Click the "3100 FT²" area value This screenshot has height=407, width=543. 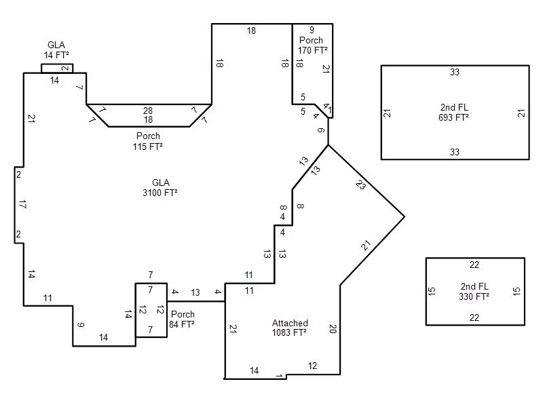(160, 193)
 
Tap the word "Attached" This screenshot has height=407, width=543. (290, 323)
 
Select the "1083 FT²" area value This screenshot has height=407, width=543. (290, 332)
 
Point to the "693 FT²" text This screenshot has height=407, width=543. (453, 117)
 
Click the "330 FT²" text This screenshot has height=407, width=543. (474, 296)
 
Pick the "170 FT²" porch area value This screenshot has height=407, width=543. (313, 50)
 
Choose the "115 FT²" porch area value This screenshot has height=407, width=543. (148, 147)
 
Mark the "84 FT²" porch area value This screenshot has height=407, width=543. (182, 324)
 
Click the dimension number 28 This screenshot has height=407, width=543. (148, 111)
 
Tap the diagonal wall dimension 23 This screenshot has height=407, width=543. (360, 185)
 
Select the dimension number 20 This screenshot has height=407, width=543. (333, 328)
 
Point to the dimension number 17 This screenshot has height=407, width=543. (22, 205)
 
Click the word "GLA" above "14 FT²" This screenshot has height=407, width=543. (56, 45)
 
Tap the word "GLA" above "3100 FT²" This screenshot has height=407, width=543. (161, 182)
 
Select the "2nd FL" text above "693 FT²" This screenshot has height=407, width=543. (454, 107)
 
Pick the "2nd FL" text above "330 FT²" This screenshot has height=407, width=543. (474, 286)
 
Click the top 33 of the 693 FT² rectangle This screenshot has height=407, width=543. (455, 72)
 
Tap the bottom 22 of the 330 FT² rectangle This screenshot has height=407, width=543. (474, 317)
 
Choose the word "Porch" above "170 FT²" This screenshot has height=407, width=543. (311, 40)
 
